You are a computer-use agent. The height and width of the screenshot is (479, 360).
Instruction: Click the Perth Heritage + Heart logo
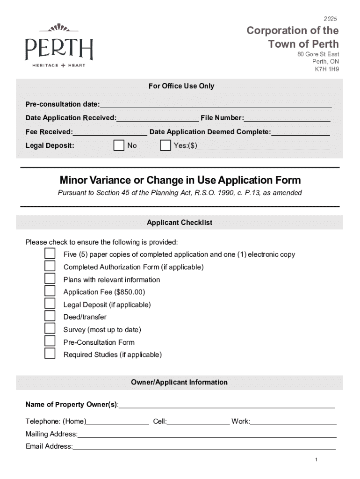point(59,47)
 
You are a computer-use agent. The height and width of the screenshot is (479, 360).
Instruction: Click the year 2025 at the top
point(330,19)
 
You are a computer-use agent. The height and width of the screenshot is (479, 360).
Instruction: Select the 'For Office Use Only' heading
point(181,86)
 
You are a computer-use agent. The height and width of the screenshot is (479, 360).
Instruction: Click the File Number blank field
point(287,118)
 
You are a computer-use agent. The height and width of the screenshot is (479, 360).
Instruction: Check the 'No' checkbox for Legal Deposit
point(119,145)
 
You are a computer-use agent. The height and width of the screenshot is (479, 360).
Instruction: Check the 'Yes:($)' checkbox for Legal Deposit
point(166,145)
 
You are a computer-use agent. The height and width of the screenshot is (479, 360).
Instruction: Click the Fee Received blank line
point(110,132)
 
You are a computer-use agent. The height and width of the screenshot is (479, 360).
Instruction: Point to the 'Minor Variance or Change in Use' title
point(180,181)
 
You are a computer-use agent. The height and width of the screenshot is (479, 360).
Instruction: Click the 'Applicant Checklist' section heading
point(180,223)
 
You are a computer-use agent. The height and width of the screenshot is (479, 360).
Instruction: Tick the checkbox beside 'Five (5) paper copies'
point(50,254)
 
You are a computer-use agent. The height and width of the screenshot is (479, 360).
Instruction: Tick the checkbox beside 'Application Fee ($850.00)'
point(50,291)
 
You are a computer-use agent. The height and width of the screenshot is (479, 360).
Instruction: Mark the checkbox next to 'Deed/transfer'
point(50,317)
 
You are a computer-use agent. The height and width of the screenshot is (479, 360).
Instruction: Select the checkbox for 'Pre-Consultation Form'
point(50,341)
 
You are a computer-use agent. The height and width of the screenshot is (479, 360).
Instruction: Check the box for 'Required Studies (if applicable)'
point(50,354)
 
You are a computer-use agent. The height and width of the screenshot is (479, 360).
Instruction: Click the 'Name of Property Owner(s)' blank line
point(227,405)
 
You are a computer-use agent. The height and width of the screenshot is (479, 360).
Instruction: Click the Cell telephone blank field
point(198,422)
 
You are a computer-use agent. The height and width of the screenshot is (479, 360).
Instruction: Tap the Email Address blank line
point(204,447)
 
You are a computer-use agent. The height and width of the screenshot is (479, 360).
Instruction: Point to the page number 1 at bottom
point(317,460)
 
